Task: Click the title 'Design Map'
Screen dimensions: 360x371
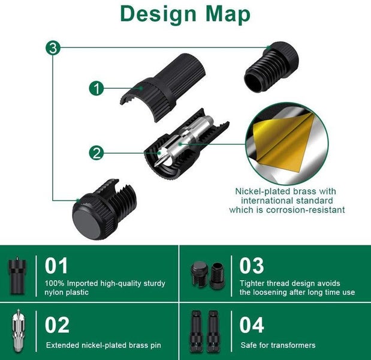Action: (x=185, y=14)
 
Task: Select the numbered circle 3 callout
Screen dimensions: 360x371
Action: (x=53, y=48)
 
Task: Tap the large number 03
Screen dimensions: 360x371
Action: (x=252, y=266)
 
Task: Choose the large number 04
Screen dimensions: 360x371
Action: (x=252, y=325)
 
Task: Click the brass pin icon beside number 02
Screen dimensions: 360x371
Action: (x=17, y=330)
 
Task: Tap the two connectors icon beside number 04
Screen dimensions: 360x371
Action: (x=207, y=330)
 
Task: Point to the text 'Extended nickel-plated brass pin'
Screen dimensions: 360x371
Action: (x=103, y=345)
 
